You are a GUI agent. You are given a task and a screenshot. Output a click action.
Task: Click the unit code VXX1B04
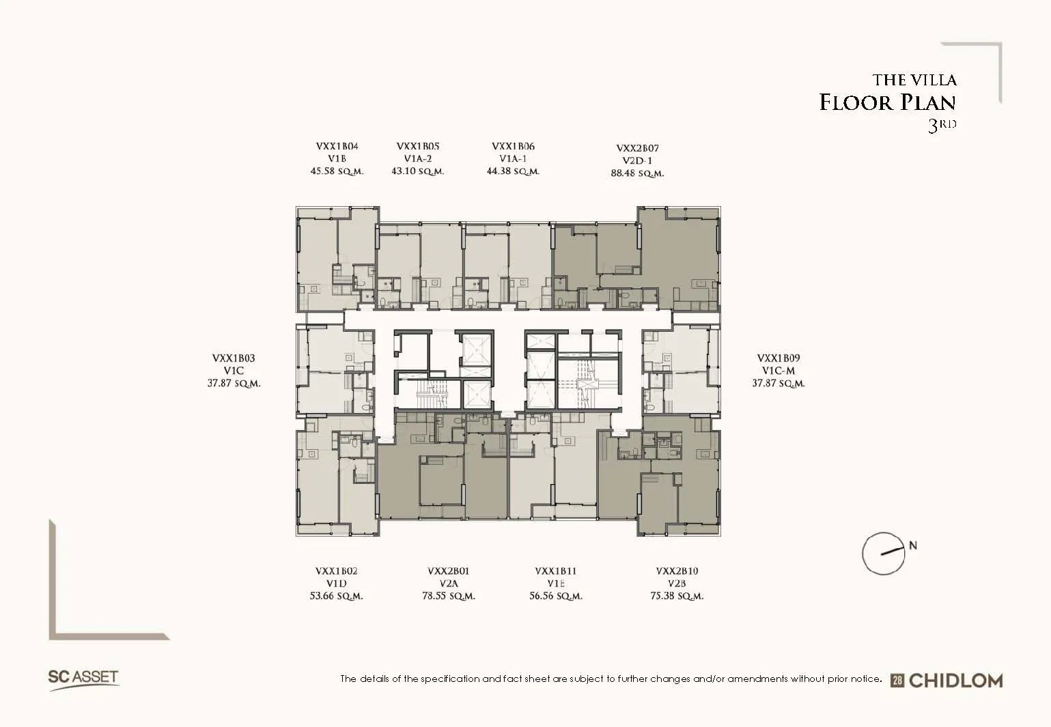pos(337,146)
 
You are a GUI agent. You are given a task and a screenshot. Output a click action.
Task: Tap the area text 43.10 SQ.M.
pos(417,171)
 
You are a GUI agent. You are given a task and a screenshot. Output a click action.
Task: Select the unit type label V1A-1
pos(513,158)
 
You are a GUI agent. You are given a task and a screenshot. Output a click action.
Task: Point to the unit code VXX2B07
pos(637,148)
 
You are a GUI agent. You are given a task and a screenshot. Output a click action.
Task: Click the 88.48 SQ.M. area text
pos(637,173)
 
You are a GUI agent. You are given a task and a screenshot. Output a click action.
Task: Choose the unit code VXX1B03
pos(234,358)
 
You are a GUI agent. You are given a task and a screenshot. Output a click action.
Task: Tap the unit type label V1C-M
pos(779,371)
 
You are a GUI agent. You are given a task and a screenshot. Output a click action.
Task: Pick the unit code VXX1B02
pos(337,571)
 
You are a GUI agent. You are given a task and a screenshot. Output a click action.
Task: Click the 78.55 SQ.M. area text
pos(449,596)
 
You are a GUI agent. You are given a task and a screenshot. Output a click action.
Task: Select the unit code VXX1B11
pos(555,571)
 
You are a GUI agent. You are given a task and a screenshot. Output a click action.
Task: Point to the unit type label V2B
pos(677,584)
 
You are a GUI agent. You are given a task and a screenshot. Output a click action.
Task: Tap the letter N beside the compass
pos(913,545)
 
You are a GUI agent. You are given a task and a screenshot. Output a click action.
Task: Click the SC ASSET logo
pos(83,679)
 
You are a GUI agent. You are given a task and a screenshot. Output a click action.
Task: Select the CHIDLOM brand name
pos(955,681)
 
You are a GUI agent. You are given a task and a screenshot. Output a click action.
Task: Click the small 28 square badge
pos(897,681)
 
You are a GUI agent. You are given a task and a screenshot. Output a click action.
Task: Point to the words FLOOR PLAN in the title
pos(887,102)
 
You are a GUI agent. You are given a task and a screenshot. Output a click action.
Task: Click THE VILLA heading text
pos(914,80)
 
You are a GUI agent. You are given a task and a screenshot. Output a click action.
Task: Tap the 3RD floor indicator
pos(942,125)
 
